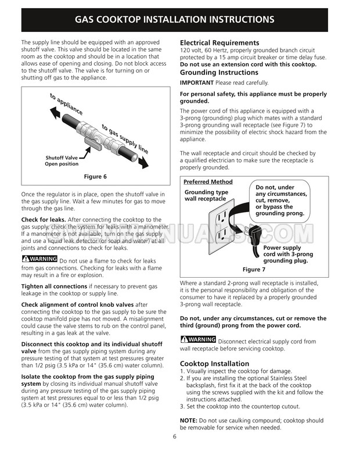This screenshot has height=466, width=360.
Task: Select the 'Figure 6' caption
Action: click(x=96, y=177)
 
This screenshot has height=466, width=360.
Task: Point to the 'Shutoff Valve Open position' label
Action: click(x=61, y=161)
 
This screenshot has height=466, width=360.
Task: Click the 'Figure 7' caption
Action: click(x=254, y=270)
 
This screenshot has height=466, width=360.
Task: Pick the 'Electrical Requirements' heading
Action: click(x=219, y=43)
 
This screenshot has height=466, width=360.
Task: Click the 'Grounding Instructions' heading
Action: click(x=219, y=73)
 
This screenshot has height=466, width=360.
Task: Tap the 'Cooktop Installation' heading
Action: click(x=214, y=363)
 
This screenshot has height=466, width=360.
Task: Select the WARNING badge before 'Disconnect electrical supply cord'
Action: click(x=199, y=339)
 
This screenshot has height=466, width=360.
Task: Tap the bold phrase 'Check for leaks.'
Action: click(x=44, y=219)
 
